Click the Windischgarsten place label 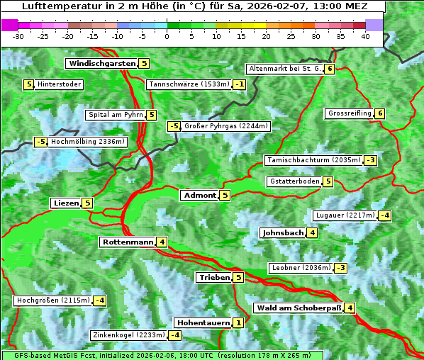point(101,64)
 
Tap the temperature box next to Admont point(225,195)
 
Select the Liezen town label point(66,203)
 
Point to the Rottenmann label point(128,242)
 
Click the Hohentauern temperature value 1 point(238,322)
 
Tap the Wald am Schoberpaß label point(299,308)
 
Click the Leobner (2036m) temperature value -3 point(341,268)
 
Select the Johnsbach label point(283,232)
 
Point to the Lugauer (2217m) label point(345,215)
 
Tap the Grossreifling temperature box point(380,113)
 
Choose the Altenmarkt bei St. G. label point(285,69)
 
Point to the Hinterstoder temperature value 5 point(29,84)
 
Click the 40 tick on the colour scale point(365,36)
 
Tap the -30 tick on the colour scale point(18,36)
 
